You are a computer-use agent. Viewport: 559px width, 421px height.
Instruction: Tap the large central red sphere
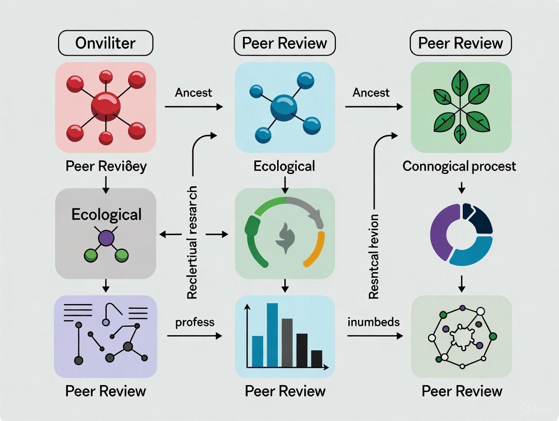(x=106, y=107)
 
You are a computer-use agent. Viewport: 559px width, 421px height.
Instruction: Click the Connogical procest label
(x=459, y=166)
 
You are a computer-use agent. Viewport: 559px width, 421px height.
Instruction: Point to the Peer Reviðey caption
(x=106, y=166)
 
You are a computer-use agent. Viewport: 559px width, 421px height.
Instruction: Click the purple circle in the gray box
(x=106, y=238)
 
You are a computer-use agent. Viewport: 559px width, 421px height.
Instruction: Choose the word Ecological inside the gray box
(x=106, y=214)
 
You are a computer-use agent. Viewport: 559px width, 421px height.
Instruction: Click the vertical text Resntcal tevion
(x=374, y=256)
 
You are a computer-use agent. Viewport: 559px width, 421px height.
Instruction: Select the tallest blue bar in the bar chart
(x=272, y=334)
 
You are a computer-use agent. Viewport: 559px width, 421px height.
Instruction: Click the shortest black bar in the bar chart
(x=316, y=358)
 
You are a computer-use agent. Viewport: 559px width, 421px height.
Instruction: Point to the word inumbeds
(x=374, y=322)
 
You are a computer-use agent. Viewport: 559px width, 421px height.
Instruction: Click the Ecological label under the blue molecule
(x=285, y=166)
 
